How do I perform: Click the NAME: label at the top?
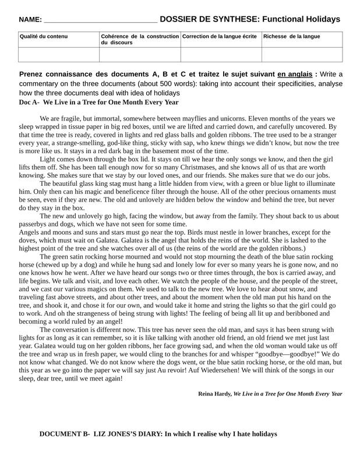tap(30, 20)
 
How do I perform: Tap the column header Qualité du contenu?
tap(44, 37)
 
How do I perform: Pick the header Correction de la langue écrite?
tap(219, 37)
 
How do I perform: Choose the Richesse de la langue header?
tap(292, 37)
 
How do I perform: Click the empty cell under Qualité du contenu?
tap(59, 54)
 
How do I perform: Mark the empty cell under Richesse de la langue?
tap(302, 54)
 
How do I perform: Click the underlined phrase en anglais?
tap(295, 74)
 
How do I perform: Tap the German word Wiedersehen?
tap(218, 370)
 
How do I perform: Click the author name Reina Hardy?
tap(215, 394)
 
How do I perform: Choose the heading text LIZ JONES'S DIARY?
tap(128, 434)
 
